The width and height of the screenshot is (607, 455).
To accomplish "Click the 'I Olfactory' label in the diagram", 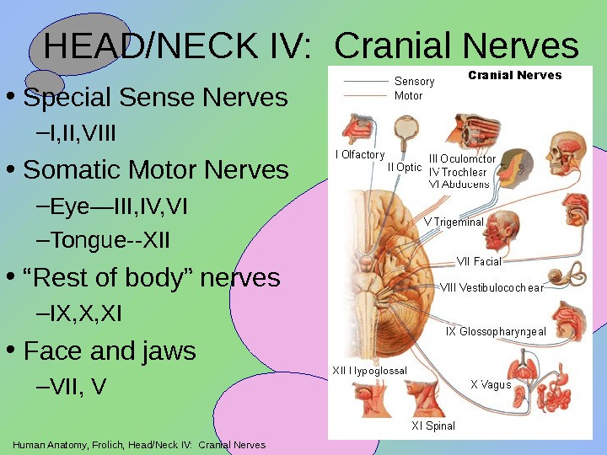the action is tap(360, 155).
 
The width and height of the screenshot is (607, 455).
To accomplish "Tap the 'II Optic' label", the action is tap(405, 167).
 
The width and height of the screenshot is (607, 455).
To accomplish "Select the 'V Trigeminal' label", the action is tap(454, 222).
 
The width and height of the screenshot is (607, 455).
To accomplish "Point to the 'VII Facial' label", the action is tap(478, 262).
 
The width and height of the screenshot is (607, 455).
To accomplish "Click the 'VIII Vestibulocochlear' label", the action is tap(492, 287).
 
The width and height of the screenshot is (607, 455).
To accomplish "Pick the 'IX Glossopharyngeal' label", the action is tap(496, 332).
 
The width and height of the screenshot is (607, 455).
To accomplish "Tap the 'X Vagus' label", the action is tap(491, 385).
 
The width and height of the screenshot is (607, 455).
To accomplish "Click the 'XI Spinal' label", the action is tap(433, 426).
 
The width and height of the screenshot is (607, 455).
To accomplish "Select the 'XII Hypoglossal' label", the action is tap(369, 371).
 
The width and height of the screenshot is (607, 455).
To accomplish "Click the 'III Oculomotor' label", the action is tap(462, 158).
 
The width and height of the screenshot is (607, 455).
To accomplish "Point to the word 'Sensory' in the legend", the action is tap(414, 82).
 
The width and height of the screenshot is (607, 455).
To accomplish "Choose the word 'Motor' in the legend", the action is tap(409, 96).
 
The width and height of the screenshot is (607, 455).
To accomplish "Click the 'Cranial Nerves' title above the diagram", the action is tap(514, 76).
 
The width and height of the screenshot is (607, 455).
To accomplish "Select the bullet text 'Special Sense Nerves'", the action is tap(156, 98).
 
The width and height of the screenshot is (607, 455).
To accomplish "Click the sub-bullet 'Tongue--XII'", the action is tap(110, 242).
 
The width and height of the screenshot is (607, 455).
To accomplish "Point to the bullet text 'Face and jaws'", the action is tap(110, 350).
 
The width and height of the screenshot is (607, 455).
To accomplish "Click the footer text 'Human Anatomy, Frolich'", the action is tap(67, 445).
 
